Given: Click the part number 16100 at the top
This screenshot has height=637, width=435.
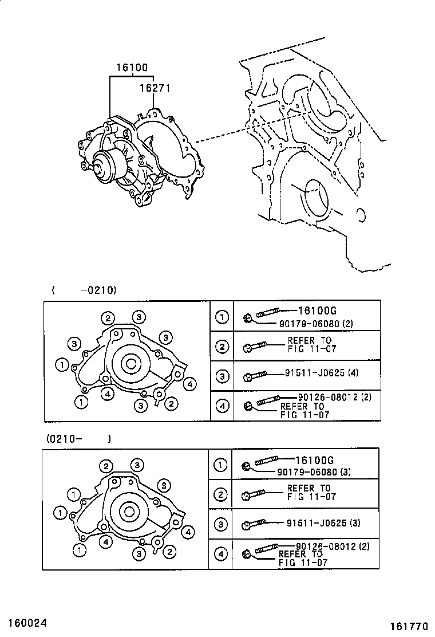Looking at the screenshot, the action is point(132,68).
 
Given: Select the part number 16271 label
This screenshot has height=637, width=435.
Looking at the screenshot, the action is point(155,88).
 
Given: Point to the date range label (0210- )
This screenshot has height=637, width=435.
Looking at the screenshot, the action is point(79,439).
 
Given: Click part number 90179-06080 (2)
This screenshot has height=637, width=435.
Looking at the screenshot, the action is point(316,324).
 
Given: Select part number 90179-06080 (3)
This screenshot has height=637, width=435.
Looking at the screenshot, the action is point(314,472).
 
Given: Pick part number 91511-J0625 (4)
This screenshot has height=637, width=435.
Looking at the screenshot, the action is point(322,372).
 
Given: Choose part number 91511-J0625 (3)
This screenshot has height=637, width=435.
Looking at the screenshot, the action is point(323,523).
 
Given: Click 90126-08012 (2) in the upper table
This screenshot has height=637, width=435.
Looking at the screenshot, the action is point(335,397).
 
